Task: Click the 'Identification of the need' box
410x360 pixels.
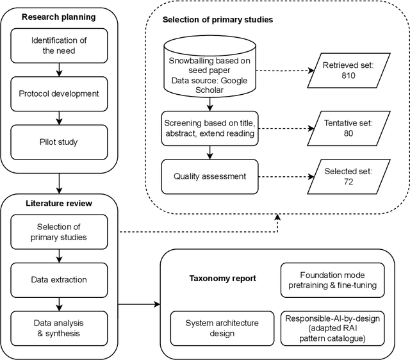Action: [x=58, y=45]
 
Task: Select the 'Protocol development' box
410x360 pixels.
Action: [x=58, y=94]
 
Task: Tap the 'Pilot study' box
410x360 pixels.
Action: [x=58, y=141]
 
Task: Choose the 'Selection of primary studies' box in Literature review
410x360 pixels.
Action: [x=58, y=233]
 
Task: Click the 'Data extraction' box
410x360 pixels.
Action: [x=58, y=279]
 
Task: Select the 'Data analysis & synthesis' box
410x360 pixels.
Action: [x=58, y=328]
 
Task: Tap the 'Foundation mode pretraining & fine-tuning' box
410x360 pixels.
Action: [x=332, y=279]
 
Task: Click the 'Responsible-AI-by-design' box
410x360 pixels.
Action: [x=332, y=328]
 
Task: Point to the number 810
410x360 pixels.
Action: [x=348, y=76]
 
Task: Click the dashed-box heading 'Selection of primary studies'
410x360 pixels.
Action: [x=218, y=20]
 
